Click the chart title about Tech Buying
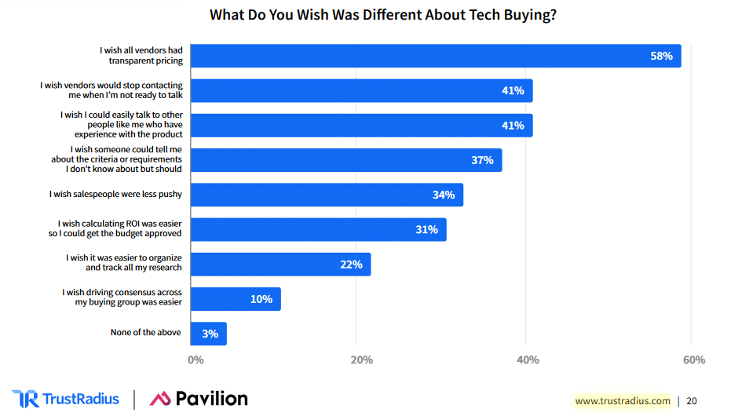pyautogui.click(x=384, y=15)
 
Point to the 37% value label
pyautogui.click(x=482, y=160)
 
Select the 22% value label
pyautogui.click(x=351, y=265)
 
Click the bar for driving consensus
pyautogui.click(x=236, y=299)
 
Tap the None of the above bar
pyautogui.click(x=209, y=334)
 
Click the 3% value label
pyautogui.click(x=210, y=334)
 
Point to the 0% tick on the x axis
pyautogui.click(x=196, y=360)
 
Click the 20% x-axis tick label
pyautogui.click(x=361, y=360)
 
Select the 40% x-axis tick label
pyautogui.click(x=528, y=360)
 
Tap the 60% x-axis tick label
pyautogui.click(x=694, y=360)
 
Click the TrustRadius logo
pyautogui.click(x=66, y=399)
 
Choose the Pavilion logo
pyautogui.click(x=199, y=399)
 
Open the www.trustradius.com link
pyautogui.click(x=622, y=401)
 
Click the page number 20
pyautogui.click(x=691, y=401)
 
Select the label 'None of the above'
pyautogui.click(x=146, y=332)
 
